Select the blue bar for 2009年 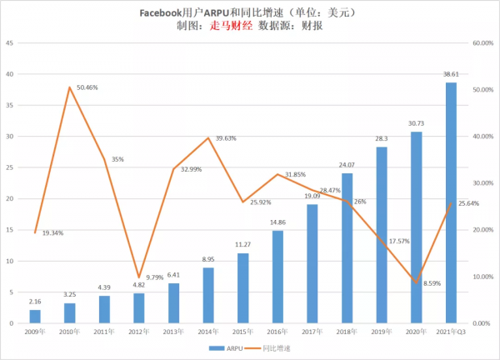[x=35, y=316]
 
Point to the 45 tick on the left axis [x=9, y=42]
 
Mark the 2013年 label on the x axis [x=173, y=331]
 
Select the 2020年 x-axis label [x=416, y=331]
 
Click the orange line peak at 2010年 [x=70, y=87]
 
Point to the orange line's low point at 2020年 [x=417, y=282]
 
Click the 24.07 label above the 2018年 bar [x=347, y=165]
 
